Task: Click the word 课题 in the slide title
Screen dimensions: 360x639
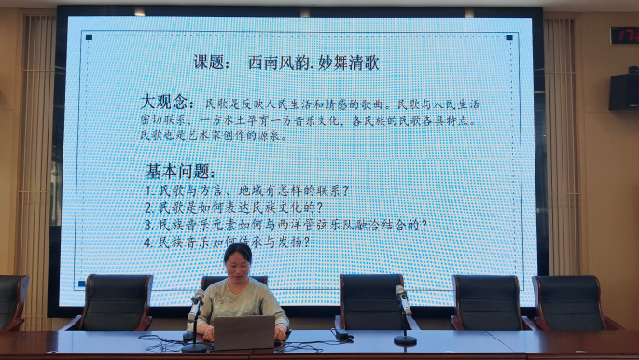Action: [211, 62]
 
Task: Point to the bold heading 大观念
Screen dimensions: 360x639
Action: [168, 102]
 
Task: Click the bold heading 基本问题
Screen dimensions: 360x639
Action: [181, 172]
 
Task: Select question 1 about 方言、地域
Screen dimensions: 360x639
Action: [247, 190]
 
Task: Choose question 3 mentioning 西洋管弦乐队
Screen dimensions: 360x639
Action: [285, 225]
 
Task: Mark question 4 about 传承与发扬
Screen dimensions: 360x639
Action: [226, 242]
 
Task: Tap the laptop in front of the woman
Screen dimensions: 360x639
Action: [243, 332]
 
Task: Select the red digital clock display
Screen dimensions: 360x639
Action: [624, 35]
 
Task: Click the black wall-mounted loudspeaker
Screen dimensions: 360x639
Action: [624, 91]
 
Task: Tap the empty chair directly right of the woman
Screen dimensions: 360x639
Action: [372, 301]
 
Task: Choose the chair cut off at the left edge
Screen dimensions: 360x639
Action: [11, 300]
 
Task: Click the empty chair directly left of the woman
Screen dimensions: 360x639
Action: [116, 302]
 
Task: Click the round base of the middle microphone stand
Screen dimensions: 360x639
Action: [405, 341]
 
